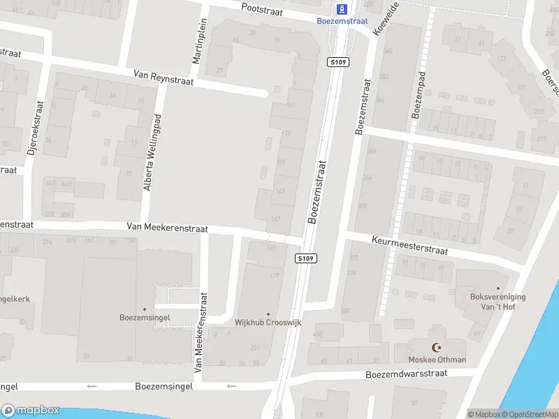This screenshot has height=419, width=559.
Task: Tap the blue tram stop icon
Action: point(342,9)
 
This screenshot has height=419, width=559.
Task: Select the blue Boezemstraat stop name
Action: point(342,21)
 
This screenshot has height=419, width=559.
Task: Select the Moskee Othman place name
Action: point(437,360)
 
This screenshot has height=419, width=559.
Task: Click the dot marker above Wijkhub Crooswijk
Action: point(268,314)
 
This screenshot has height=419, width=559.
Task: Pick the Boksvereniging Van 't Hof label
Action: point(498,301)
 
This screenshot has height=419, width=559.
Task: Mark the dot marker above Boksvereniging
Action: point(498,288)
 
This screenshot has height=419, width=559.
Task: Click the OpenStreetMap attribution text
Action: point(528,414)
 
